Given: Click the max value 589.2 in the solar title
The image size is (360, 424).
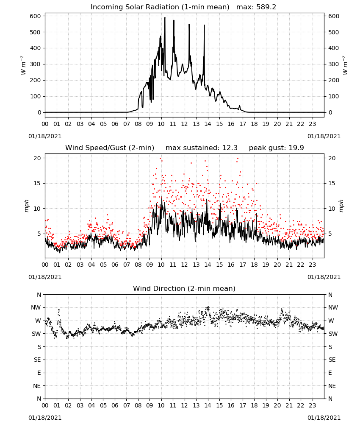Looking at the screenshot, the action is click(x=266, y=7).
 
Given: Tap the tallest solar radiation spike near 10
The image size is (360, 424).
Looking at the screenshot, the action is click(x=165, y=18).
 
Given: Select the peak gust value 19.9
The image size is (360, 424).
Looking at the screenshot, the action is click(x=295, y=148).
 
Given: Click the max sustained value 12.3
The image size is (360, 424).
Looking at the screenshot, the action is click(x=229, y=148).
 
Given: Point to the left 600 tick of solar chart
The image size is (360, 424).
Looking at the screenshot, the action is click(x=36, y=16).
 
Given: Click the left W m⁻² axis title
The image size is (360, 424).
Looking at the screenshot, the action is click(x=23, y=65).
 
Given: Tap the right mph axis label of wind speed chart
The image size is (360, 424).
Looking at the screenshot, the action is click(x=341, y=206).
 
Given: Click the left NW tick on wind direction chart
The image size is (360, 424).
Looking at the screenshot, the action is click(x=36, y=308).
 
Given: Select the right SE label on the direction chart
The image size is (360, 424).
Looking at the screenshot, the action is click(x=332, y=360).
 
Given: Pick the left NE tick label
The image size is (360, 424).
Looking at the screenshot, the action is click(x=37, y=386).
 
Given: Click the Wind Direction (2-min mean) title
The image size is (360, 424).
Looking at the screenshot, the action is click(x=184, y=288).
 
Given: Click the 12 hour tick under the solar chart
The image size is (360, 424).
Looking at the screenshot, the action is click(x=185, y=124).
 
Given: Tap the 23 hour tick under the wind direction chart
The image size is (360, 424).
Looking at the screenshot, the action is click(x=313, y=405).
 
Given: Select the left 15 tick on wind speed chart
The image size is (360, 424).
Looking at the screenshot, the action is click(x=37, y=183).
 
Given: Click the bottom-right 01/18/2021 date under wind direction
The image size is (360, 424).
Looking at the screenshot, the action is click(x=324, y=418).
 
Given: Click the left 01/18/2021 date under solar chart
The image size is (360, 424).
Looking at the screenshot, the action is click(x=45, y=136).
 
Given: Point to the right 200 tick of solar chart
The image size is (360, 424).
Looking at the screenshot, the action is click(x=334, y=80).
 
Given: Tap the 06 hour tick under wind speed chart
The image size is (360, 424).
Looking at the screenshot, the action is click(x=115, y=265).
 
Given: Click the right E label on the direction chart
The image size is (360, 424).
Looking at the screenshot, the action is click(x=330, y=373).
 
